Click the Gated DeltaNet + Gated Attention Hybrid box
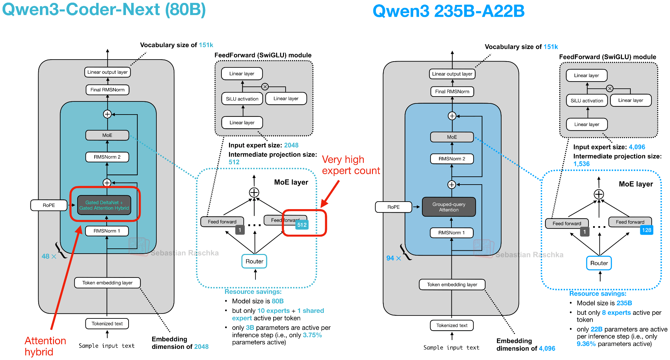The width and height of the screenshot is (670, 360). (104, 205)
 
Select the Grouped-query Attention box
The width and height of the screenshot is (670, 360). (449, 207)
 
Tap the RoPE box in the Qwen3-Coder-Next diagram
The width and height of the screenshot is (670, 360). (49, 205)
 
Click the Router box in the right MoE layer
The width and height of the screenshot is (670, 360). (599, 263)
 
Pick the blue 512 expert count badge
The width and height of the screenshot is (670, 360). (302, 225)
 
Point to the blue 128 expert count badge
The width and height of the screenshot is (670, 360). (646, 230)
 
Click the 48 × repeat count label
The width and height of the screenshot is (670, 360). (49, 256)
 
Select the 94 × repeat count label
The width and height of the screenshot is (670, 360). (394, 258)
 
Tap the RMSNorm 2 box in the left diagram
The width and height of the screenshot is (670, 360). (107, 157)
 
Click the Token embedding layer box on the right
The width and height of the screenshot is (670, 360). (452, 285)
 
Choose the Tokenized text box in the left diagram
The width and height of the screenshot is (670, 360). (107, 324)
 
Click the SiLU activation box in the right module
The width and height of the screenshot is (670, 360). (587, 100)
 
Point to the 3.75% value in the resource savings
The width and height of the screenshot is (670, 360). (312, 335)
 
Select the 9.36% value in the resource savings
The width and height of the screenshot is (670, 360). (586, 344)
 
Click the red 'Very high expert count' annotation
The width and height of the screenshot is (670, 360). (351, 165)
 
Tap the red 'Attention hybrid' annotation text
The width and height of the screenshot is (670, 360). (45, 346)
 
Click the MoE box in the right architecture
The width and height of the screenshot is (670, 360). (452, 137)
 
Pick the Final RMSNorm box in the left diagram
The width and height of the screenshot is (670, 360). (107, 90)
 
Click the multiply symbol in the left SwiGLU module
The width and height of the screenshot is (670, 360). (265, 87)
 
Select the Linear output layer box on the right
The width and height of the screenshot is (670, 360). (452, 74)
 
